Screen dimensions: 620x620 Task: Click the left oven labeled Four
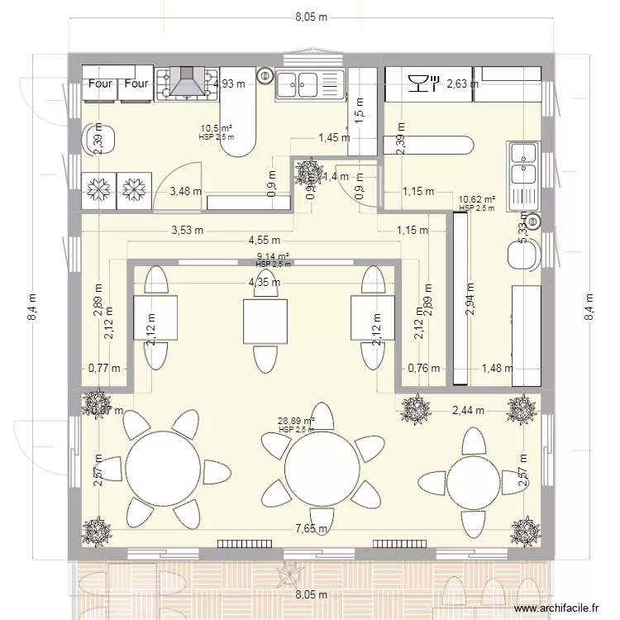(x=100, y=84)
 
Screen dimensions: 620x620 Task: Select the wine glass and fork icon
(x=421, y=82)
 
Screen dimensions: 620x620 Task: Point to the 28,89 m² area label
(x=297, y=421)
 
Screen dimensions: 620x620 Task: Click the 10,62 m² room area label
(x=476, y=199)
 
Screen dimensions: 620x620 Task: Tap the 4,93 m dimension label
(x=229, y=83)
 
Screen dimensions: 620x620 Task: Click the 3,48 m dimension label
(x=185, y=192)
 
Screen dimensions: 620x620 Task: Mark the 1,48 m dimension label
(x=498, y=369)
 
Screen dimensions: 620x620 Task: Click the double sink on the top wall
(x=309, y=83)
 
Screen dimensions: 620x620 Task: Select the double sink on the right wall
(x=523, y=164)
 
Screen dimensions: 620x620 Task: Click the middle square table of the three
(x=265, y=322)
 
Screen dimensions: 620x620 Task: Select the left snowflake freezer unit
(x=100, y=189)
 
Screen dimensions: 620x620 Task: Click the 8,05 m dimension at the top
(x=311, y=17)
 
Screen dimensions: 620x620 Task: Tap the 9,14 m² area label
(x=274, y=257)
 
